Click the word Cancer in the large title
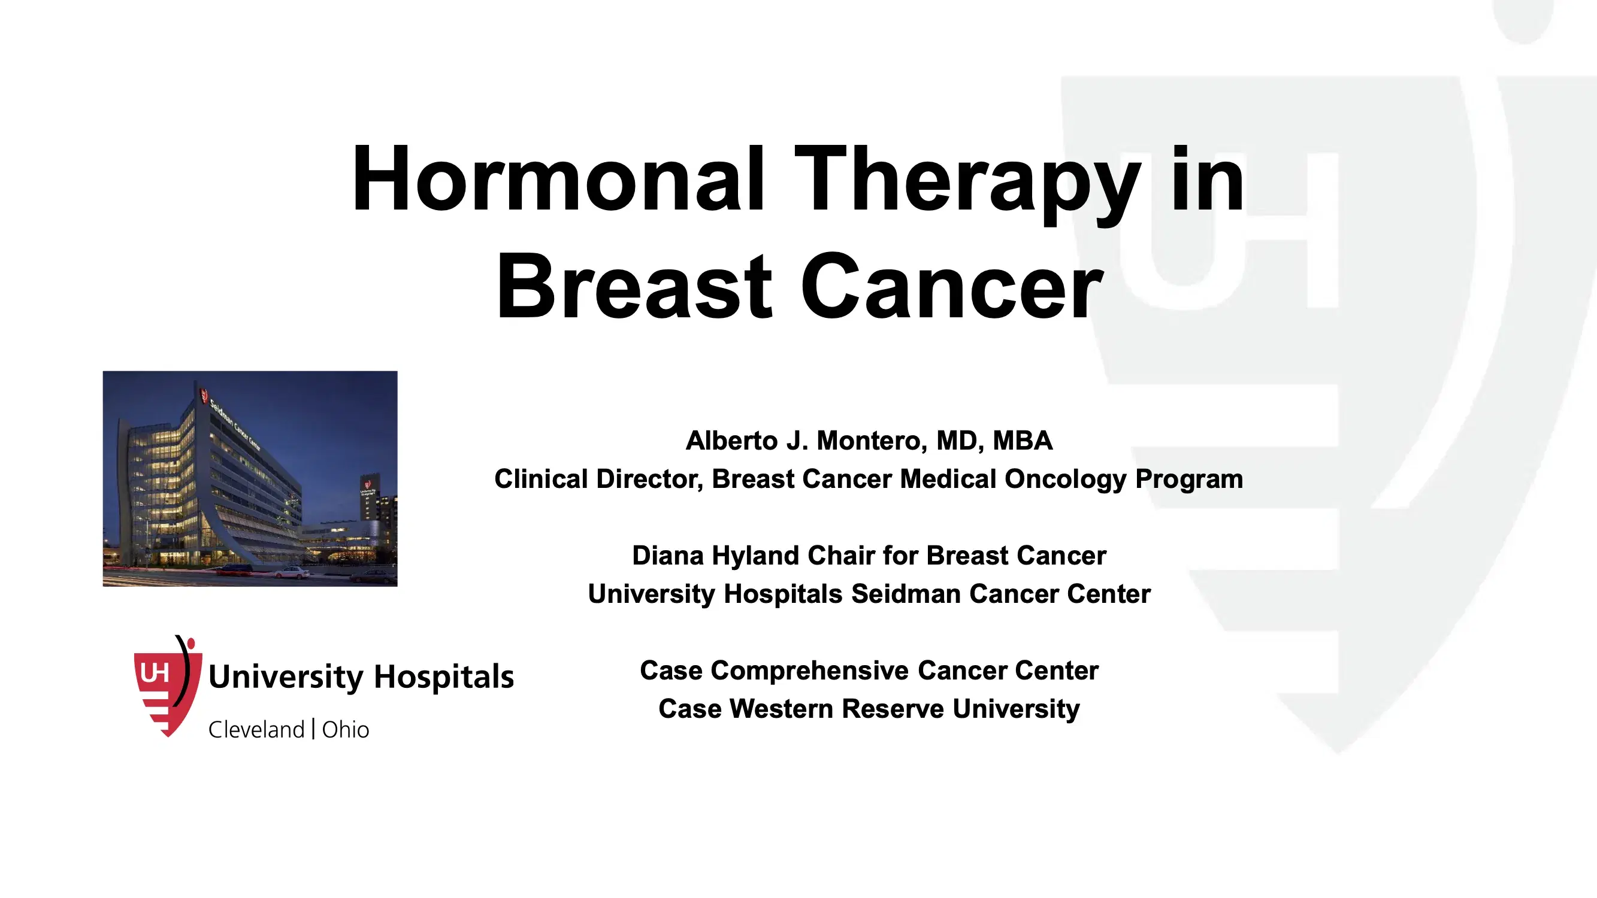coord(952,288)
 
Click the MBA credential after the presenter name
coord(1023,441)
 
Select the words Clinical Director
coord(598,479)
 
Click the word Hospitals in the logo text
coord(444,676)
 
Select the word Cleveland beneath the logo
coord(256,729)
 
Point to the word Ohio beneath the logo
coord(345,729)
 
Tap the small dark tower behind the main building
coord(370,499)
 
